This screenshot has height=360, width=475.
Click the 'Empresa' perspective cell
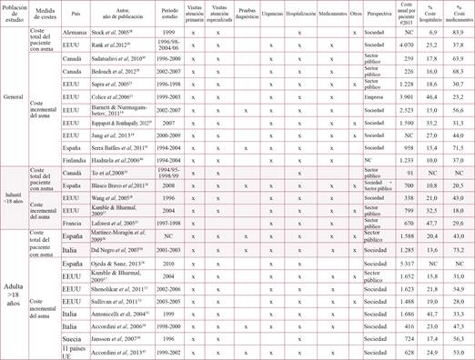(x=374, y=95)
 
